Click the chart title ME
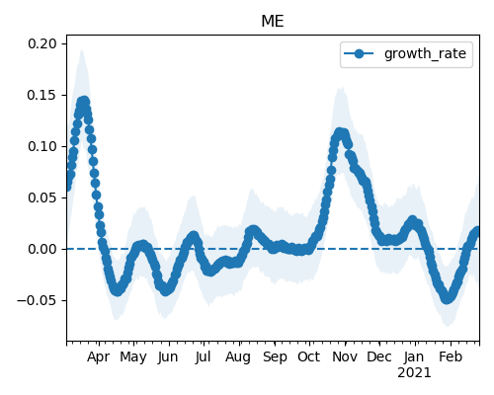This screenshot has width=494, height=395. pos(273,22)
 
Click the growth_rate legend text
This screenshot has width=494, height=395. pos(425,53)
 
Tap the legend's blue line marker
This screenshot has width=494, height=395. pos(359,53)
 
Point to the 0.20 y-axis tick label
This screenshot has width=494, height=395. pos(42,43)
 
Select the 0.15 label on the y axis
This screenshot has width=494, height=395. pos(42,95)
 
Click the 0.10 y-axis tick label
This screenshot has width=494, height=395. pos(42,146)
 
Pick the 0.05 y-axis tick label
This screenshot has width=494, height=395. pos(42,197)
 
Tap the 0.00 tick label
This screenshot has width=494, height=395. pos(42,249)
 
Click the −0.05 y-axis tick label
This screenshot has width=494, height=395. pos(37,300)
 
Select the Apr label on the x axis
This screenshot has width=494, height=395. pos(98,357)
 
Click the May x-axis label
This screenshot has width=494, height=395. pos(133,357)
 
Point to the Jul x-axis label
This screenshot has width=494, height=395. pos(203,356)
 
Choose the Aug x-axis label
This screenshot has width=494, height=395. pos(238,357)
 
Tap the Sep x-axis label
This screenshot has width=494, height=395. pos(275,357)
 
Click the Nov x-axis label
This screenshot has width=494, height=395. pos(345,356)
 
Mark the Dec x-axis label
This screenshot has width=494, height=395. pos(379,356)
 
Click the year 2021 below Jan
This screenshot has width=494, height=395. pos(414,373)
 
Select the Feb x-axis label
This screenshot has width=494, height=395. pos(451,356)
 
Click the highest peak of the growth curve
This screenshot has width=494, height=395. pos(84,102)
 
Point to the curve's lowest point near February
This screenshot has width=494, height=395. pos(447,298)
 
